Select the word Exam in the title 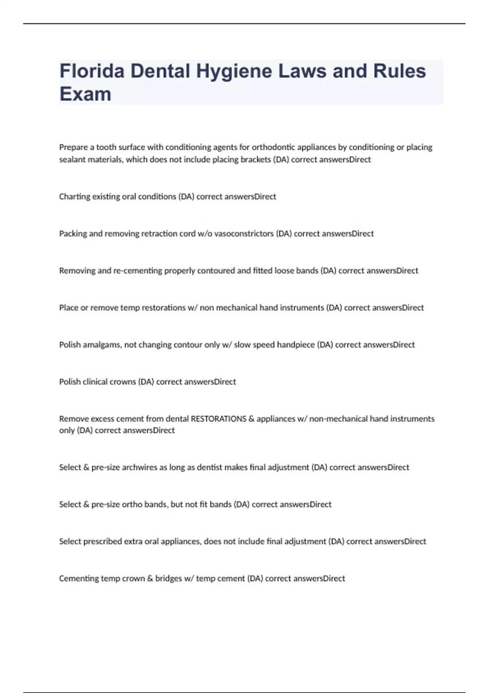pos(85,94)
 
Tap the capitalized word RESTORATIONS pos(218,419)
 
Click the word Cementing pos(79,578)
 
